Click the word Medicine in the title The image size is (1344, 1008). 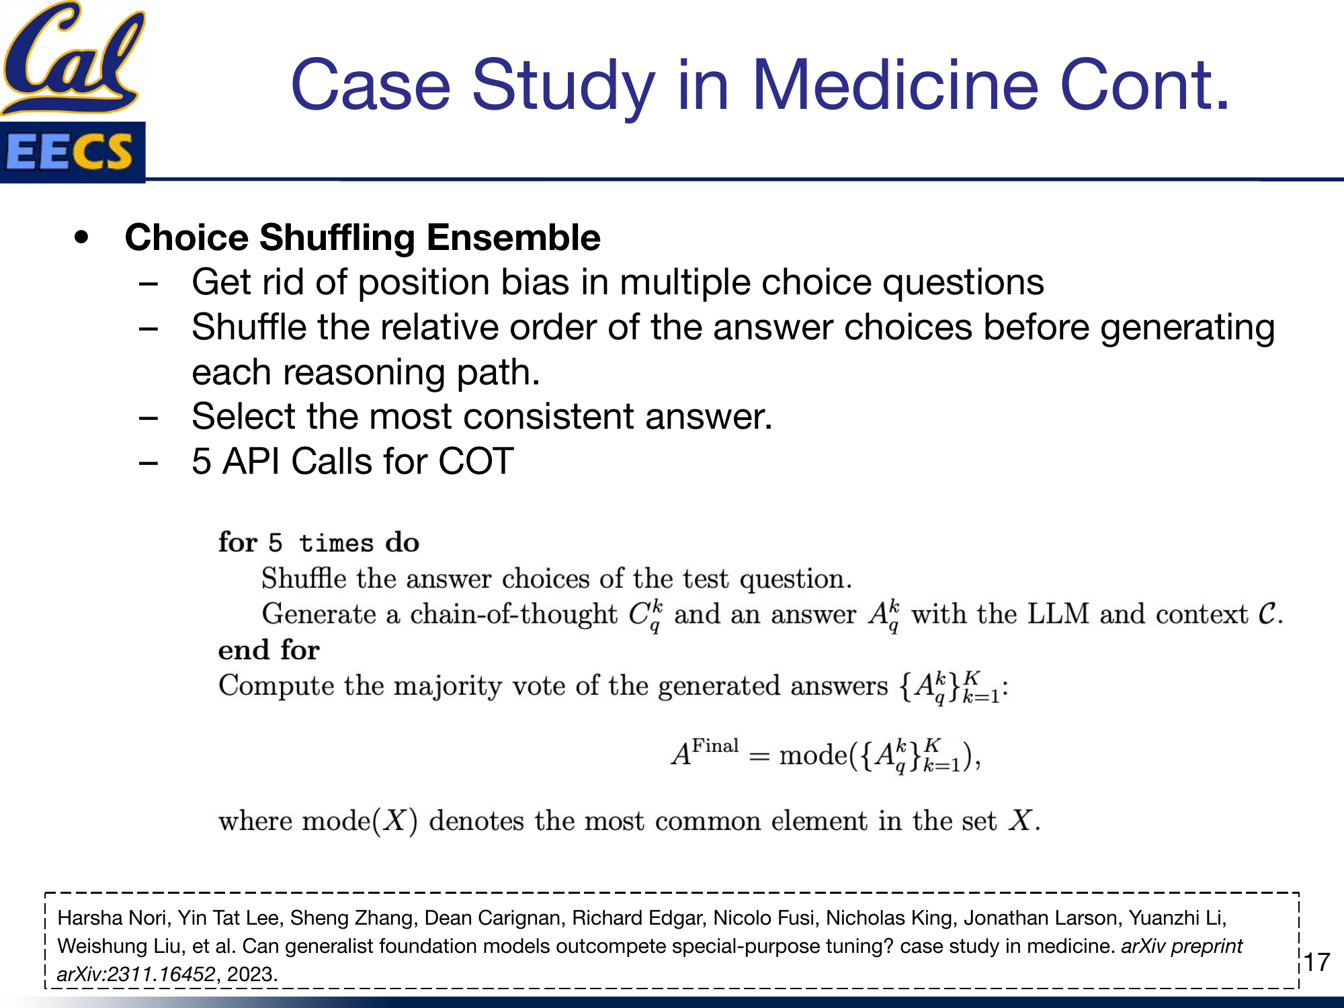(x=894, y=85)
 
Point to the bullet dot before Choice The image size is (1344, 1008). (x=82, y=237)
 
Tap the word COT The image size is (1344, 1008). (x=476, y=462)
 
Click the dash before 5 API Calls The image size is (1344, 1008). (x=148, y=462)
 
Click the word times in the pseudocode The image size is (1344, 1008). (x=336, y=543)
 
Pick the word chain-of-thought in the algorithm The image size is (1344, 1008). (x=513, y=614)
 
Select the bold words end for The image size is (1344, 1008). (x=269, y=650)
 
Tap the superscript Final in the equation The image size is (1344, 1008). (x=715, y=746)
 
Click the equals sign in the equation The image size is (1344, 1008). (x=759, y=756)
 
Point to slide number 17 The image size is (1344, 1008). (x=1317, y=962)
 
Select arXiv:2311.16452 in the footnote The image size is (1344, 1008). (x=136, y=974)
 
